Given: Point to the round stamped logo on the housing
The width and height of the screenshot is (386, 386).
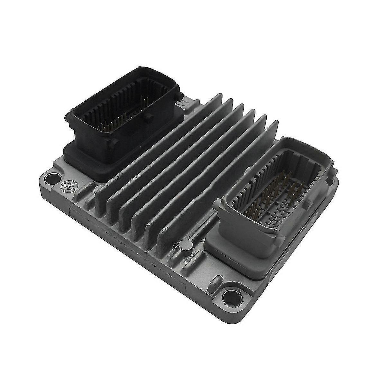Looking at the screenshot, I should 66,186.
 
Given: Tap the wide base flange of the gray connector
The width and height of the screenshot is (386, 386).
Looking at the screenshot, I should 238,257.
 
